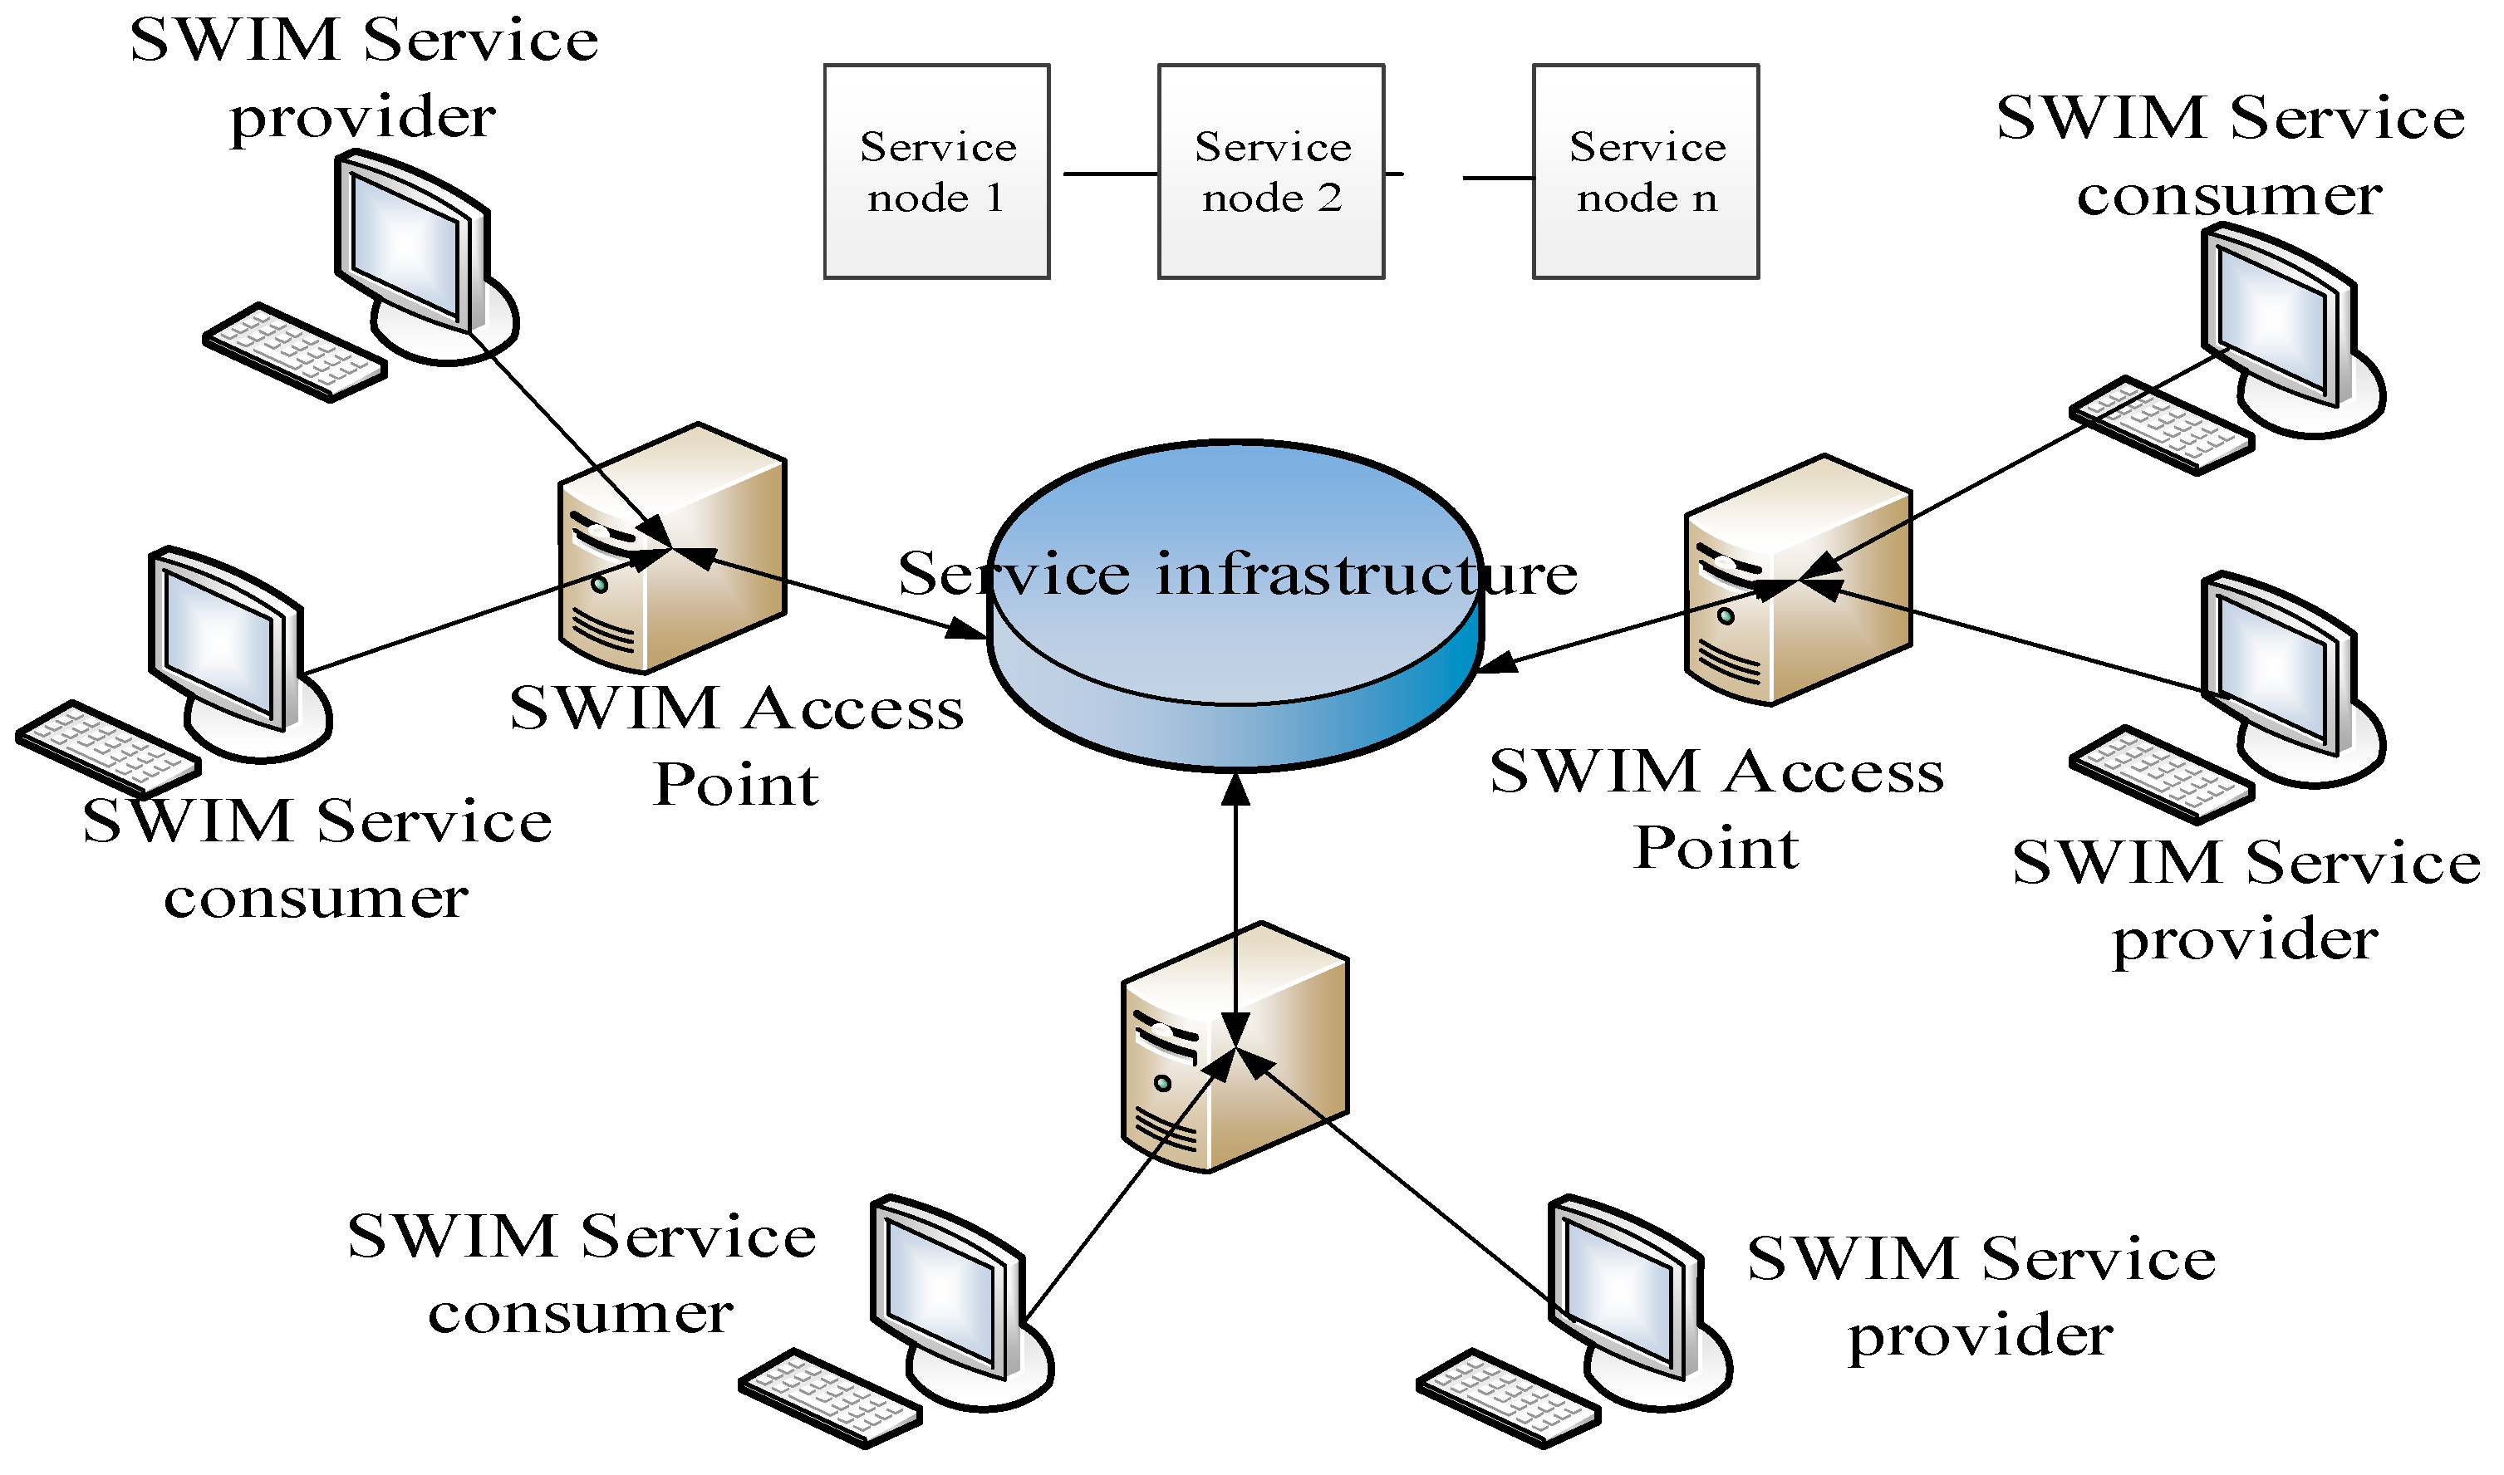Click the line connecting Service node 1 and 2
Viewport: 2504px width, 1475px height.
[x=1109, y=174]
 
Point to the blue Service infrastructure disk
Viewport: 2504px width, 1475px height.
[x=1235, y=656]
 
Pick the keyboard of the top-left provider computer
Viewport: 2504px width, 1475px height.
[x=294, y=353]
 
